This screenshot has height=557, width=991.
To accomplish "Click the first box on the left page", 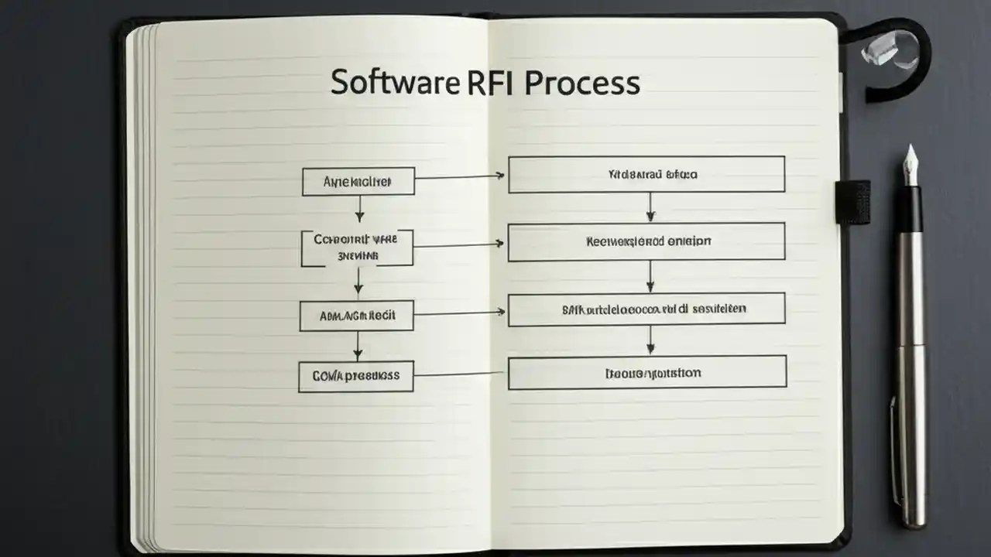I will (358, 182).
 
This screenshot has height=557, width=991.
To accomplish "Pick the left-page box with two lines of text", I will (357, 248).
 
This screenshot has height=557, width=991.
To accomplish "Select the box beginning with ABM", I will (357, 316).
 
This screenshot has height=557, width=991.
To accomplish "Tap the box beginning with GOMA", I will (356, 376).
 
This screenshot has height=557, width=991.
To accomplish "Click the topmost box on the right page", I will (646, 174).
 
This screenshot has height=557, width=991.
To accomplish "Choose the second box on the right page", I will (646, 241).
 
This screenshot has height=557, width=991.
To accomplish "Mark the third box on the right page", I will (646, 308).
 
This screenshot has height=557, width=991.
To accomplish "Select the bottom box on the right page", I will (647, 372).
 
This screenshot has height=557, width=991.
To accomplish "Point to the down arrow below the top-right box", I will (650, 207).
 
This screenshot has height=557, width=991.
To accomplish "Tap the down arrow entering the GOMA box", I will (358, 346).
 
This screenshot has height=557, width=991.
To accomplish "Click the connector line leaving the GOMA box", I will (460, 374).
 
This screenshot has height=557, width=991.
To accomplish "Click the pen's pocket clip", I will (893, 449).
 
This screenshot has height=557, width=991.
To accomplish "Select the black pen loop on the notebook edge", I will (852, 202).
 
